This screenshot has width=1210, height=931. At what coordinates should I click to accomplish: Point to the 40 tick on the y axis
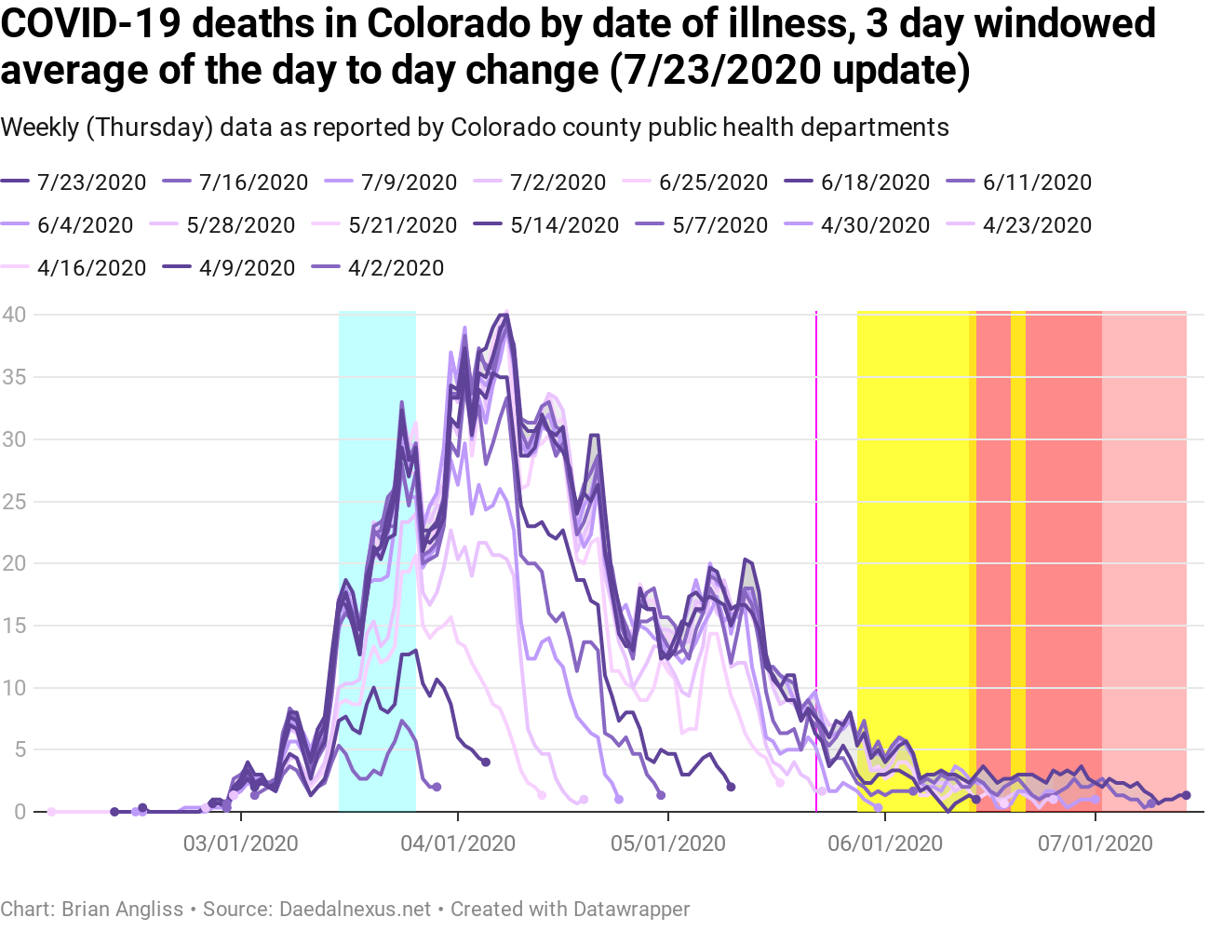tap(14, 315)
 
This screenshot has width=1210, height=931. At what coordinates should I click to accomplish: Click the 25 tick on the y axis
tap(14, 502)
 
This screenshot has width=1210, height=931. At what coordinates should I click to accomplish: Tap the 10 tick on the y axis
tap(14, 688)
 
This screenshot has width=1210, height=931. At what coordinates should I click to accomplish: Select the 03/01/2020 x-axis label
tap(241, 843)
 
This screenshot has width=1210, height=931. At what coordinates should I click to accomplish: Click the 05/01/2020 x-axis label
tap(668, 843)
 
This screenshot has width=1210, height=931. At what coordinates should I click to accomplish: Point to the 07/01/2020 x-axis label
tap(1096, 843)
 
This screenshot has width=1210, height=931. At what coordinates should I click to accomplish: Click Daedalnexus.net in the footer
tap(356, 909)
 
